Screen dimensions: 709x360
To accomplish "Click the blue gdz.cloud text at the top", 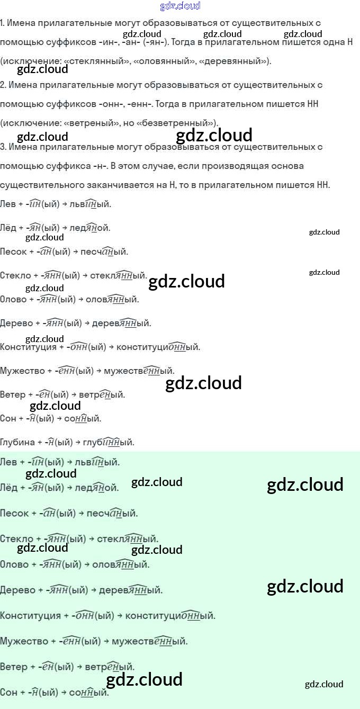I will pos(180,6).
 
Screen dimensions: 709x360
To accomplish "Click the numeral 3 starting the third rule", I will pos(2,147).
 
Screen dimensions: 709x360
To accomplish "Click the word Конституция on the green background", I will pos(30,616).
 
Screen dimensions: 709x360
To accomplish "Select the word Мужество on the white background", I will pos(22,371).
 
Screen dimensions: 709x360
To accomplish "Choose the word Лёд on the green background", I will pos(8,487).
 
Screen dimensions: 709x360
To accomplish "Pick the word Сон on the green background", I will pos(8,692).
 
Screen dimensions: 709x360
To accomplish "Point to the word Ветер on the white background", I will pos(12,394).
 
